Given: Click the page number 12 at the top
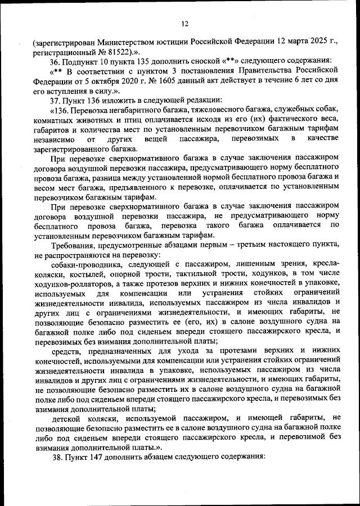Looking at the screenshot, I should [184, 24].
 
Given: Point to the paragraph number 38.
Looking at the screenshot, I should [55, 457].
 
